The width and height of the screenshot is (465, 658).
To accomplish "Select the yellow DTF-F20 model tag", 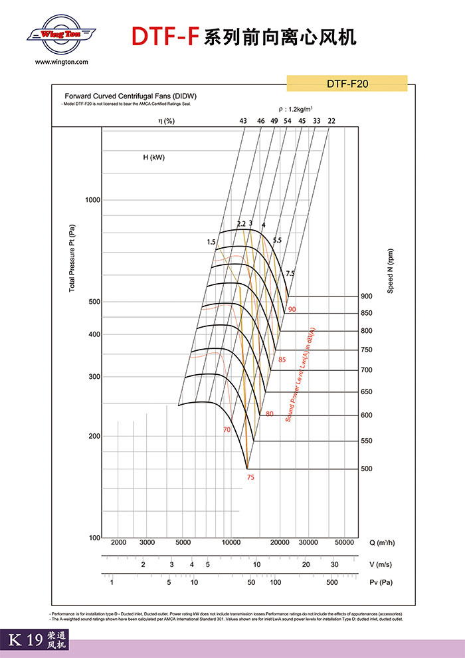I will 347,84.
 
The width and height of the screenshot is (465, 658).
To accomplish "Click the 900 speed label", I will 367,296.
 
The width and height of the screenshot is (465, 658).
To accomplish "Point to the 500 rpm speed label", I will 367,469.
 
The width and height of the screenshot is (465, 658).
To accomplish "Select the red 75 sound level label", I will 250,477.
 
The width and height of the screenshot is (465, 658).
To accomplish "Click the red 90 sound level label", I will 292,310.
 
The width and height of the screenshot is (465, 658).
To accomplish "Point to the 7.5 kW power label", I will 290,273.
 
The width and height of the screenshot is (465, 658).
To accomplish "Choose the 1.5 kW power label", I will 211,243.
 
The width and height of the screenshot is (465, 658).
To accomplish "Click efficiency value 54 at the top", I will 287,120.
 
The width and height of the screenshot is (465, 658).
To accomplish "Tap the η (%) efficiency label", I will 166,120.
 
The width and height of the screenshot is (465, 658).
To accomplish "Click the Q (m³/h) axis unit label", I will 383,542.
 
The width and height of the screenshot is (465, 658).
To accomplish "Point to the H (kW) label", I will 153,158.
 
